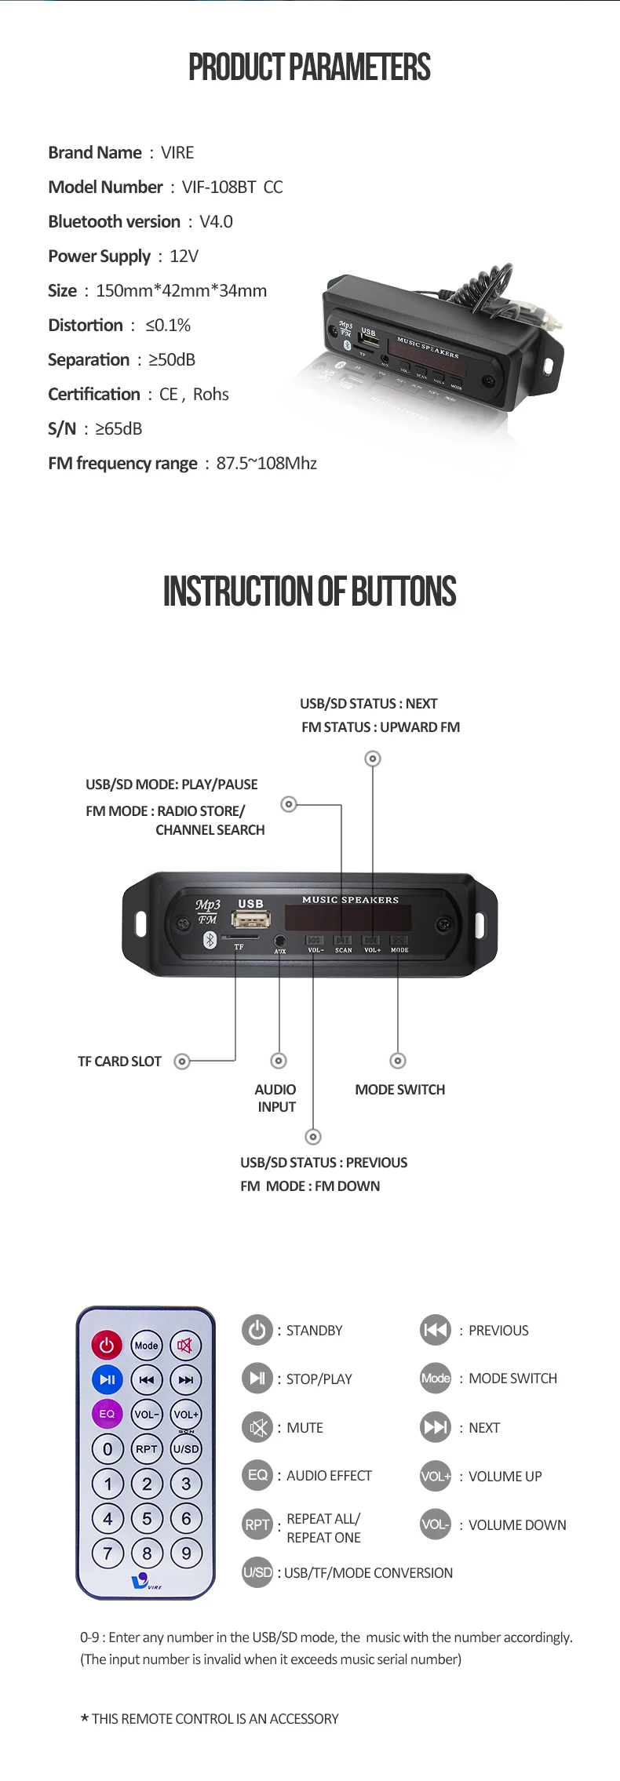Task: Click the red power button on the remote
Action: [x=107, y=1345]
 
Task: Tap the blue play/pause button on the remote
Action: [x=107, y=1379]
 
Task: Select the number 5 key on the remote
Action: [x=147, y=1518]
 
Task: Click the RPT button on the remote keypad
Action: [x=147, y=1449]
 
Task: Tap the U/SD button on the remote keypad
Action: [x=186, y=1449]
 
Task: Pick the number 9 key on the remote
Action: [x=186, y=1553]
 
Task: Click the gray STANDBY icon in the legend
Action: [x=257, y=1330]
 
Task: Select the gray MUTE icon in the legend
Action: [x=257, y=1427]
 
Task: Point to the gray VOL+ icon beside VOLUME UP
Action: [x=436, y=1476]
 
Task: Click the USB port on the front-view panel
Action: [x=251, y=919]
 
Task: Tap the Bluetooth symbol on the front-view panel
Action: [x=210, y=939]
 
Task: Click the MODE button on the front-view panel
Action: [x=399, y=940]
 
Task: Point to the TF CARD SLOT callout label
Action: [x=119, y=1062]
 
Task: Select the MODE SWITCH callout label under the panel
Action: [x=399, y=1090]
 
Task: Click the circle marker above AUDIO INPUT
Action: [x=279, y=1061]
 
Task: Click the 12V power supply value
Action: [x=184, y=257]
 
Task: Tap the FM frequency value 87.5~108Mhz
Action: [x=267, y=464]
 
